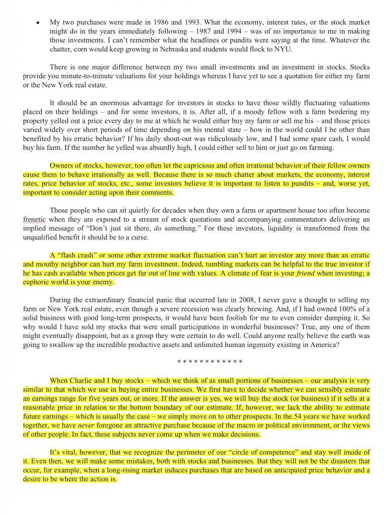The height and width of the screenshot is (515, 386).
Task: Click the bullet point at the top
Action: [37, 23]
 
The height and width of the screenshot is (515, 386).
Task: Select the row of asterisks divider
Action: [210, 362]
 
